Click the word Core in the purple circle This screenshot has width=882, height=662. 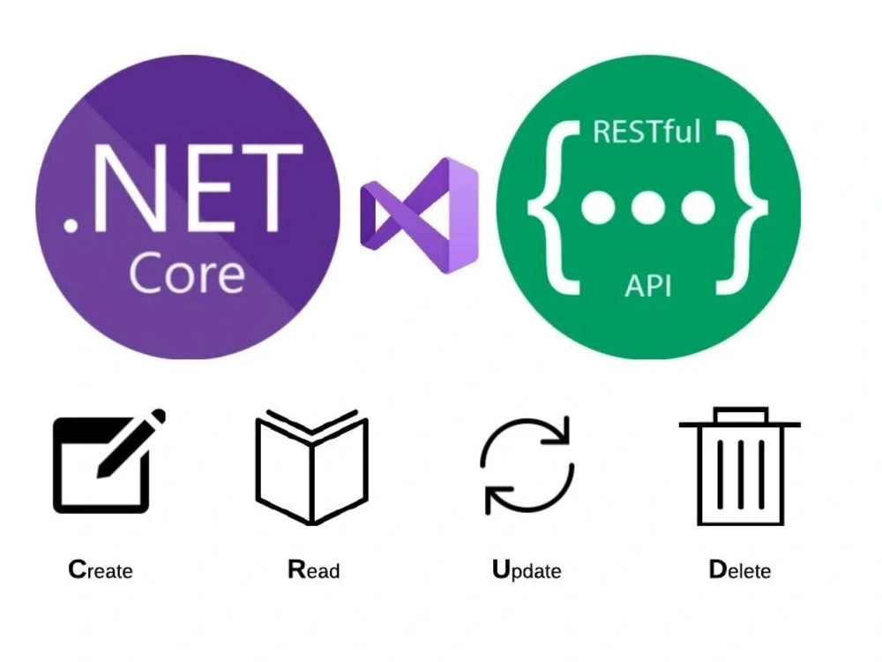pyautogui.click(x=187, y=274)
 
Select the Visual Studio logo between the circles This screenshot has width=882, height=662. pyautogui.click(x=419, y=215)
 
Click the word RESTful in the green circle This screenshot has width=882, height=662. pyautogui.click(x=647, y=132)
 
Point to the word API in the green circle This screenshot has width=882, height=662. pyautogui.click(x=648, y=285)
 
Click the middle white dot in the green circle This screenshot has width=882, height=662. pyautogui.click(x=648, y=207)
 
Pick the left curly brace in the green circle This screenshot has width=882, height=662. pyautogui.click(x=554, y=207)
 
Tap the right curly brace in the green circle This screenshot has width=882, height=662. pyautogui.click(x=743, y=207)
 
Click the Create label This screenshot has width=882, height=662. pyautogui.click(x=101, y=569)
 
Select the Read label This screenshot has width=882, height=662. pyautogui.click(x=314, y=569)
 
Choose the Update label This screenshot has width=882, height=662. pyautogui.click(x=527, y=570)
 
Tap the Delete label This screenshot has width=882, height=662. pyautogui.click(x=740, y=569)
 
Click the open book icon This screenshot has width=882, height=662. pyautogui.click(x=311, y=467)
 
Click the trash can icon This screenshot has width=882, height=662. pyautogui.click(x=740, y=466)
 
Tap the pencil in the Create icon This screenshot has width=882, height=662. pyautogui.click(x=131, y=444)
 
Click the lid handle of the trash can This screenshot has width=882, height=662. pyautogui.click(x=740, y=415)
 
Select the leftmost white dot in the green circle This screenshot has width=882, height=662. pyautogui.click(x=598, y=207)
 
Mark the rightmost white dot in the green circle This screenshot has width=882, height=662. pyautogui.click(x=698, y=207)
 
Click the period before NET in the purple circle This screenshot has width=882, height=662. pyautogui.click(x=71, y=223)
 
